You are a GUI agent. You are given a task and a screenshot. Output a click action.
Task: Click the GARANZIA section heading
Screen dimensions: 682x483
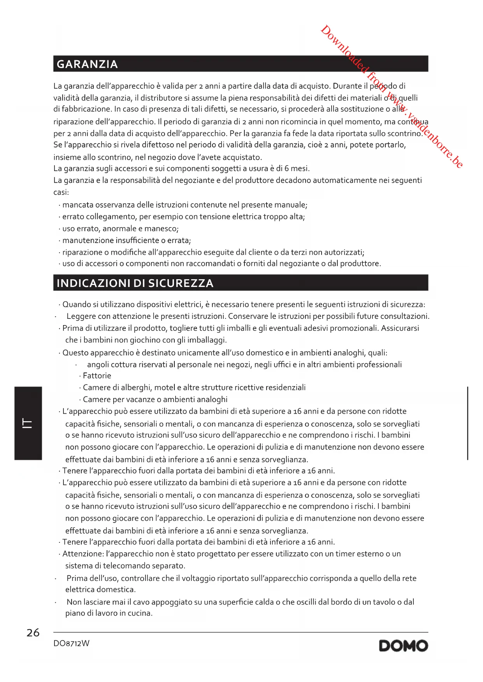(87, 64)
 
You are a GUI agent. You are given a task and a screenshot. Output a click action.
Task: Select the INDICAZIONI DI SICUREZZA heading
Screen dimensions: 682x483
(135, 283)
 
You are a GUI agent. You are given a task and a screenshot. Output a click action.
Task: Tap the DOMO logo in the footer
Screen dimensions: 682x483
(403, 646)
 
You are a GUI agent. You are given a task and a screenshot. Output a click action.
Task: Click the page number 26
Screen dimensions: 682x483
(33, 633)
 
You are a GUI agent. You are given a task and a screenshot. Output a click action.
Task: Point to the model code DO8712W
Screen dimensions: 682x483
(71, 644)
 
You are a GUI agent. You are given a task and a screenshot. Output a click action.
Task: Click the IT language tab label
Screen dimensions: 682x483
(28, 423)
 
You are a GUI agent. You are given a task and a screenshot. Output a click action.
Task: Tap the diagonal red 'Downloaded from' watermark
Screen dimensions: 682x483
(391, 96)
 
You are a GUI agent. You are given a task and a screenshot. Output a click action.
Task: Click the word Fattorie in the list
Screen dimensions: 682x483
(97, 376)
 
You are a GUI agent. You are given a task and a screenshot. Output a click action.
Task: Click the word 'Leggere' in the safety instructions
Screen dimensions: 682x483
(81, 316)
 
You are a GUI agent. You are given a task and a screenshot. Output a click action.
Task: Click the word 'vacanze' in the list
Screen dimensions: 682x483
(140, 400)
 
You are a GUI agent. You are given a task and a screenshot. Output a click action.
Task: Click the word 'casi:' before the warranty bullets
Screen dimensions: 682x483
(61, 192)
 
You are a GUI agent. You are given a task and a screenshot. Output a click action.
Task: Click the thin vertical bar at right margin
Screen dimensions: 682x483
(467, 423)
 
